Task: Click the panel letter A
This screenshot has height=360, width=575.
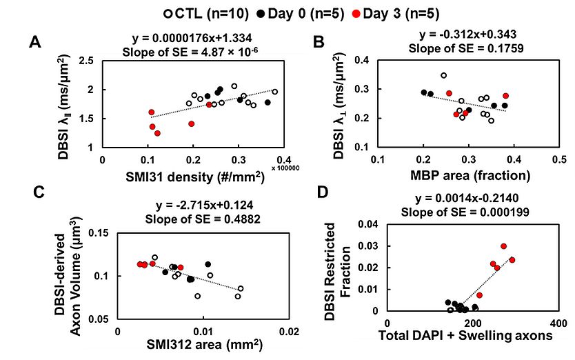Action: coord(34,43)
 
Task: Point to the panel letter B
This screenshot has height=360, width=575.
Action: coord(319,43)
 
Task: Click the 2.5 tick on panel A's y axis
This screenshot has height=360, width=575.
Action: coord(88,62)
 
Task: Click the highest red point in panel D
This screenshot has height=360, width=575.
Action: coord(503,246)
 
